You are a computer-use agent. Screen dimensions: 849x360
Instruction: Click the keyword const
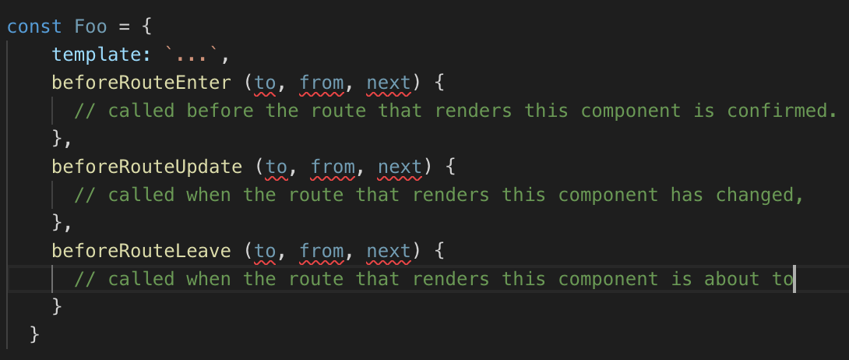tap(34, 26)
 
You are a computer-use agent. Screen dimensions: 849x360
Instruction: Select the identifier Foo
tap(91, 26)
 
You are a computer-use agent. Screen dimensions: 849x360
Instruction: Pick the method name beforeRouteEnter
tap(141, 82)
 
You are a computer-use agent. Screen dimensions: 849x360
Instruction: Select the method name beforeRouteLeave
tap(141, 250)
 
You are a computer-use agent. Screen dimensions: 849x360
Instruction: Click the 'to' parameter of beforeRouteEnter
tap(266, 82)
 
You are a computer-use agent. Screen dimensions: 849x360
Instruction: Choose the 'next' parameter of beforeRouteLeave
tap(389, 250)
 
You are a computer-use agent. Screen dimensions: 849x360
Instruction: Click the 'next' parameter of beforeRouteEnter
tap(389, 82)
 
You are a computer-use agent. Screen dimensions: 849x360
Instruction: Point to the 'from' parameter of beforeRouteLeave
tap(322, 250)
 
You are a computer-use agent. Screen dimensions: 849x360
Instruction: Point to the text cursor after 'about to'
tap(794, 278)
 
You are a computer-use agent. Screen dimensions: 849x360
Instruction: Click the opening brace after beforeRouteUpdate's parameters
tap(456, 166)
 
